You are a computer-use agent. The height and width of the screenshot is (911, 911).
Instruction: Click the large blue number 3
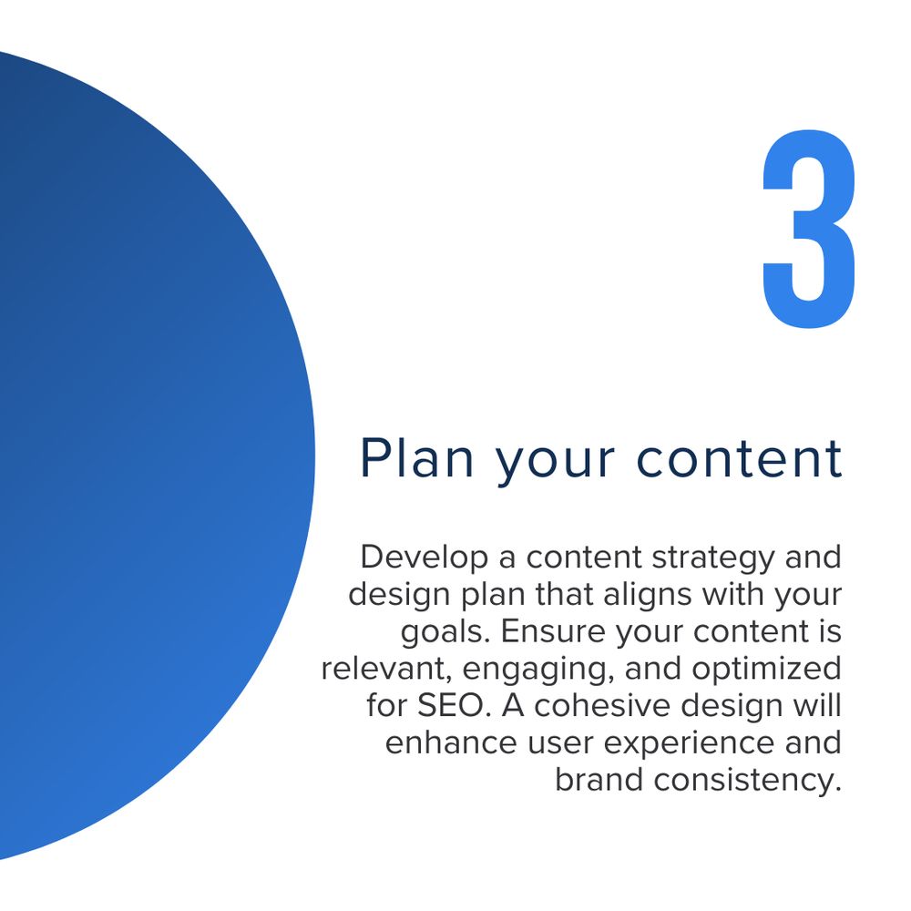(x=809, y=229)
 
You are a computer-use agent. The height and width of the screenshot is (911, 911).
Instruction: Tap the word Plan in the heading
(x=417, y=458)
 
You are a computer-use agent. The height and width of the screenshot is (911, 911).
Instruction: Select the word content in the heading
(x=739, y=459)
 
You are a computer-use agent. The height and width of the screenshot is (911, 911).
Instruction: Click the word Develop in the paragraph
(x=425, y=558)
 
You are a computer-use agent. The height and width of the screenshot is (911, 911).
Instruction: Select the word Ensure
(x=552, y=631)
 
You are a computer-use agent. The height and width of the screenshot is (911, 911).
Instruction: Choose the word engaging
(x=538, y=670)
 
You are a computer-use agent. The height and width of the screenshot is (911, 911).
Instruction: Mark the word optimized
(x=767, y=670)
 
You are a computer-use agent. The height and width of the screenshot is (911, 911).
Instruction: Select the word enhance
(x=450, y=743)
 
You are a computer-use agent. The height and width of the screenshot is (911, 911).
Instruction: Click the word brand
(x=599, y=781)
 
